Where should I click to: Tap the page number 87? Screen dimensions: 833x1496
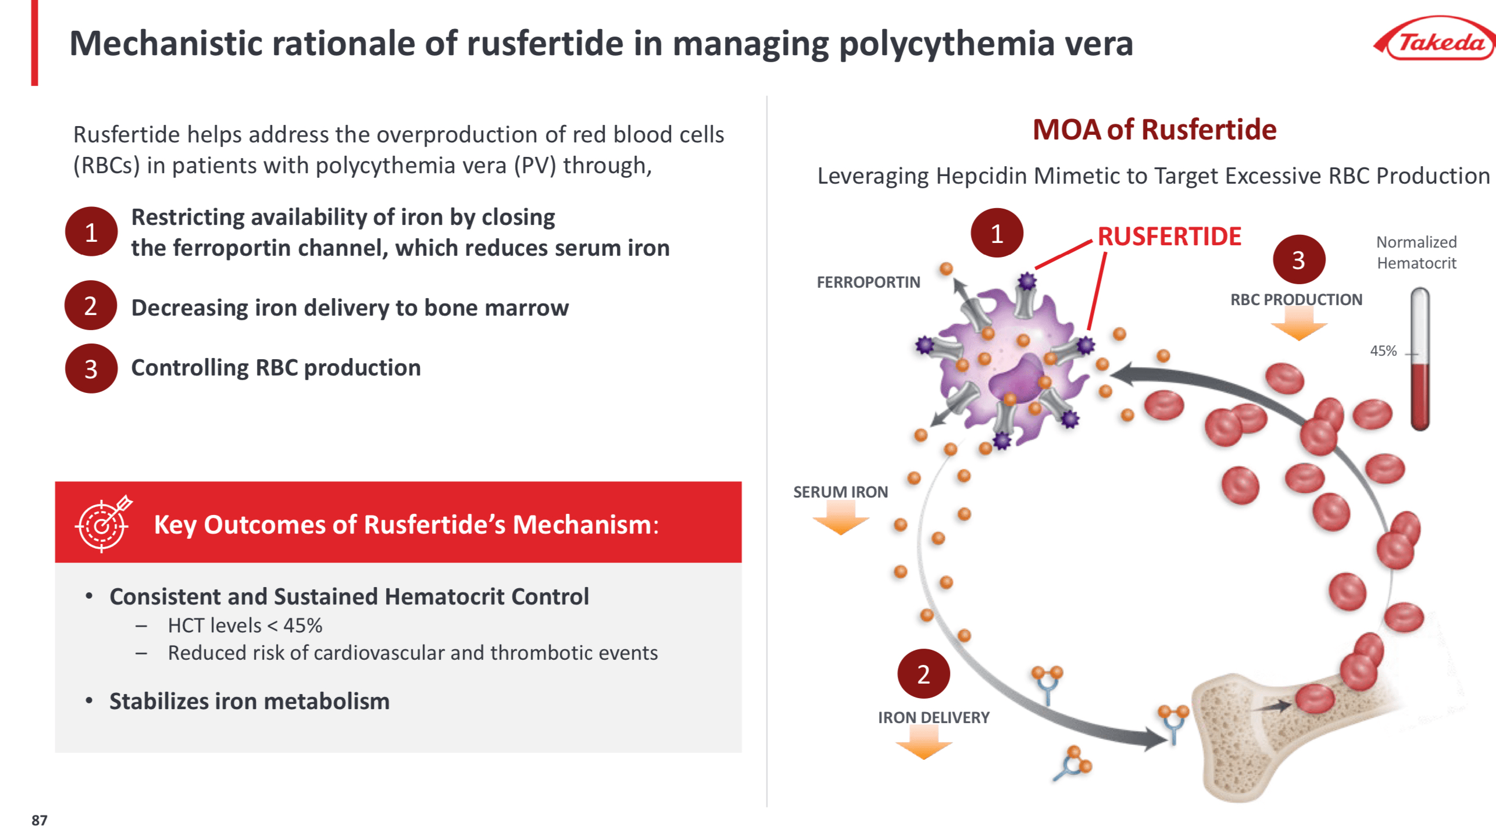[39, 820]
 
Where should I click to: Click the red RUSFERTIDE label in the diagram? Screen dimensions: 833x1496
[1169, 237]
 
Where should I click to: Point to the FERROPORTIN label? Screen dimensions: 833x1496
[868, 283]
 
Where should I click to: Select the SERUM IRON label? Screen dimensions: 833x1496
[840, 492]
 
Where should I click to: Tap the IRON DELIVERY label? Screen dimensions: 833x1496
[933, 717]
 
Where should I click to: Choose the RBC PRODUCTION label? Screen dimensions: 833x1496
[1296, 299]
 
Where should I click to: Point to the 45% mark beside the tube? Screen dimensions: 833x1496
[1383, 351]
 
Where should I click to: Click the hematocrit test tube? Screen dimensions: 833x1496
[1419, 360]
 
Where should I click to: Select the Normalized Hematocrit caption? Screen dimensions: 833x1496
[1416, 252]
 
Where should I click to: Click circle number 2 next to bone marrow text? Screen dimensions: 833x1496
[91, 306]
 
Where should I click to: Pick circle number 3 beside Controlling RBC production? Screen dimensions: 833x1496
[91, 369]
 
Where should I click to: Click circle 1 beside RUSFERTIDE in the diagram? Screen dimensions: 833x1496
[997, 233]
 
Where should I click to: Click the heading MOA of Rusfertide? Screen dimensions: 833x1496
[1154, 129]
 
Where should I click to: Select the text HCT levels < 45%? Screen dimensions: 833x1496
[245, 625]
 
